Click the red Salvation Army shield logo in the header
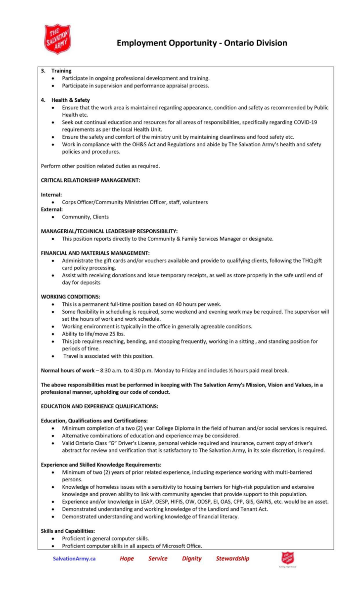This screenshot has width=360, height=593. tap(58, 39)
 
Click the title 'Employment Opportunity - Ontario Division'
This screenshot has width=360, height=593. tap(202, 43)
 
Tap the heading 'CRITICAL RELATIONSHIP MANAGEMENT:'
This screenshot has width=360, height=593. tap(90, 180)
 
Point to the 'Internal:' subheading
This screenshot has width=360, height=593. tap(51, 195)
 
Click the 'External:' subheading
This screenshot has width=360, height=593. tap(52, 209)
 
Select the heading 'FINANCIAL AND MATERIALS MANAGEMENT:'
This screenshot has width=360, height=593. tap(95, 253)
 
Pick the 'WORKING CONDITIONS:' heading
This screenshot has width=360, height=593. tap(70, 296)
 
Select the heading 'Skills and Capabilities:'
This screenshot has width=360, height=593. tap(67, 531)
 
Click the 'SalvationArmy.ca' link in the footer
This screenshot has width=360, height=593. tap(74, 558)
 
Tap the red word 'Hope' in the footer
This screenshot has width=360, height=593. tap(127, 558)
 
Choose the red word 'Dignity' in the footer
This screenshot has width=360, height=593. tap(191, 558)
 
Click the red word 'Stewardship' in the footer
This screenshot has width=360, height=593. tap(232, 558)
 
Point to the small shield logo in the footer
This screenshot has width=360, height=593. tap(288, 558)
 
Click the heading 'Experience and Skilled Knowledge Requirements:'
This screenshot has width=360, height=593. tap(101, 465)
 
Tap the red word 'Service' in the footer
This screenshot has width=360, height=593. tap(158, 558)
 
